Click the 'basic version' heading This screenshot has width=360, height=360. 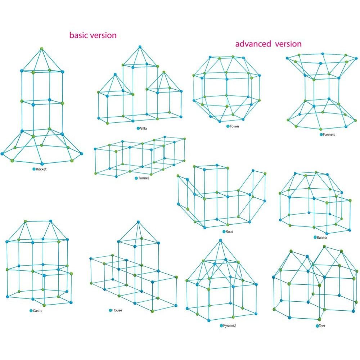(93, 35)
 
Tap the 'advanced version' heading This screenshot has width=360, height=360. (269, 44)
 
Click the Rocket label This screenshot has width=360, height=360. (41, 169)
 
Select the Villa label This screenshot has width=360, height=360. (143, 129)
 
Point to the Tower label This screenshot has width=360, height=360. (234, 126)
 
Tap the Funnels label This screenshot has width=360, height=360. (329, 135)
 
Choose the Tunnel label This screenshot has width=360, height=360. (143, 178)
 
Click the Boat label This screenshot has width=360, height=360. (229, 231)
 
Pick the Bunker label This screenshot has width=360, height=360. (322, 237)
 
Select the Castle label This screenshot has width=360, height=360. (38, 311)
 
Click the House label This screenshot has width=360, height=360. (117, 310)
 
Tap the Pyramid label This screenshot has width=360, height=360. (229, 325)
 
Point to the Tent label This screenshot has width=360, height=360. (322, 326)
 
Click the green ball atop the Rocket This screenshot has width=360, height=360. (41, 49)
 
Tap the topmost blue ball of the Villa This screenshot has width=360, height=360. (140, 47)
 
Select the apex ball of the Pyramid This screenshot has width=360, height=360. (220, 240)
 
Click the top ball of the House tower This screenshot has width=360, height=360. (138, 222)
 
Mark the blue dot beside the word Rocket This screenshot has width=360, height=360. (34, 169)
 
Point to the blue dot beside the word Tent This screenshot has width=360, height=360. (317, 326)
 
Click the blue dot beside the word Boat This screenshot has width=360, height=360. (224, 231)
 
